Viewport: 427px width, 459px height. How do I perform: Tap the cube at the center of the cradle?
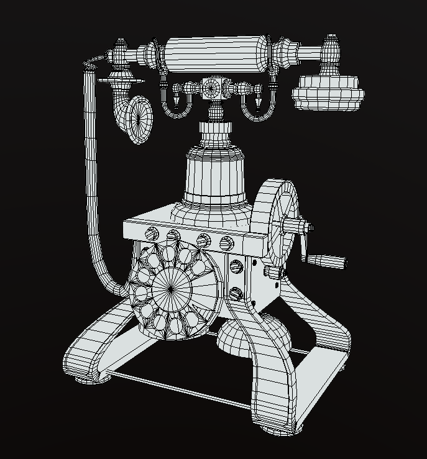point(214,88)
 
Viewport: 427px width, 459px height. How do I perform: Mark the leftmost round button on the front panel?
point(151,234)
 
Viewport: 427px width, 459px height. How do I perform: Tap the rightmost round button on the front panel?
point(225,242)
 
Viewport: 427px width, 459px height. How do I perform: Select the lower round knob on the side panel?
point(236,293)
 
